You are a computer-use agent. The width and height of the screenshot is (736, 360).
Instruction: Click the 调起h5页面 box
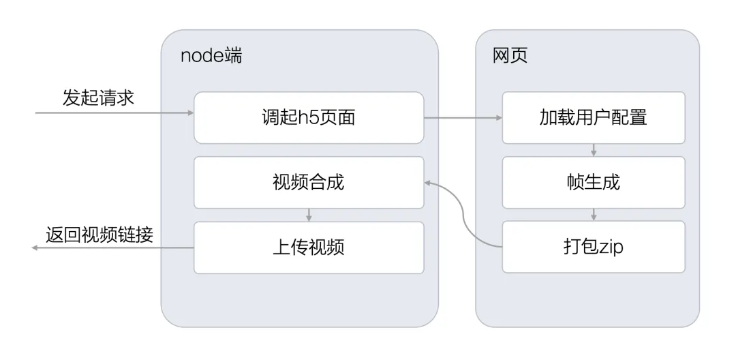(309, 118)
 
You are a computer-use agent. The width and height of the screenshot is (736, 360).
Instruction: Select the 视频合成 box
(309, 182)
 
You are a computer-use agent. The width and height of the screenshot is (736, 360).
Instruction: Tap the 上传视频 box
(309, 247)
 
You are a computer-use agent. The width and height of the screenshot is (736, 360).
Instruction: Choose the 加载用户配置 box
(592, 118)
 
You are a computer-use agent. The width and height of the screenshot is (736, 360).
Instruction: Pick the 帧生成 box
(592, 182)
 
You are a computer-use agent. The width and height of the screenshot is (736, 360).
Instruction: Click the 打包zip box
(592, 247)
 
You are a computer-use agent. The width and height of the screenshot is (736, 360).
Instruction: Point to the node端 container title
(211, 56)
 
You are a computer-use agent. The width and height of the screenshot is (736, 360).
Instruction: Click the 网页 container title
(510, 56)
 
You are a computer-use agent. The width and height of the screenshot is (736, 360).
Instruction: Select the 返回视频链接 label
(99, 235)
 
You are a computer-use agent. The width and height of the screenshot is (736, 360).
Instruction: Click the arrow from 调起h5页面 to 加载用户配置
(463, 118)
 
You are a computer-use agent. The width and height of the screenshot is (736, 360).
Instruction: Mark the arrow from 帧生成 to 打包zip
(594, 215)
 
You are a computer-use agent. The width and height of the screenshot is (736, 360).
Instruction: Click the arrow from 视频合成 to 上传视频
(309, 215)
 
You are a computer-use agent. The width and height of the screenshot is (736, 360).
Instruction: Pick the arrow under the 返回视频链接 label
(112, 249)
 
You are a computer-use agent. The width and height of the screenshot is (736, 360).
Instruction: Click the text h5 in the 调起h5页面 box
(302, 118)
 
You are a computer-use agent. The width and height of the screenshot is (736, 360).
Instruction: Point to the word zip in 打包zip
(609, 247)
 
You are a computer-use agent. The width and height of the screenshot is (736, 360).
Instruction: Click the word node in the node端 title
(202, 56)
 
